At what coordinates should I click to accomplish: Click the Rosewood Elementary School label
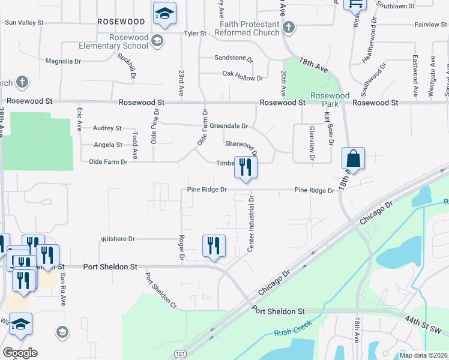tap(113, 41)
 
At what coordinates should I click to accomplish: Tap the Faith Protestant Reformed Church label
tap(249, 28)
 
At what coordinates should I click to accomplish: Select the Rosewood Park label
tap(330, 100)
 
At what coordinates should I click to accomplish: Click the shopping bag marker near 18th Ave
tap(354, 160)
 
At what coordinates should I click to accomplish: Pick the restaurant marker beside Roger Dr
tap(214, 246)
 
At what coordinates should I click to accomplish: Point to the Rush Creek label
tap(290, 332)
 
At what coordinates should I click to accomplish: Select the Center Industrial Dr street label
tap(252, 223)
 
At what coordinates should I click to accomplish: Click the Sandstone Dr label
tap(234, 58)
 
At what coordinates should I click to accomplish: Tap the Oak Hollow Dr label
tap(243, 78)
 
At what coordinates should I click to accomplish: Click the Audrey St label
tap(107, 128)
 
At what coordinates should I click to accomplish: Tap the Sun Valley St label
tap(24, 23)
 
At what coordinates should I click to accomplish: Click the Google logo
tap(20, 353)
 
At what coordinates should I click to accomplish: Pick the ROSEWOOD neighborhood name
tap(121, 21)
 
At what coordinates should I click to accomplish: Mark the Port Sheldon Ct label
tap(160, 292)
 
